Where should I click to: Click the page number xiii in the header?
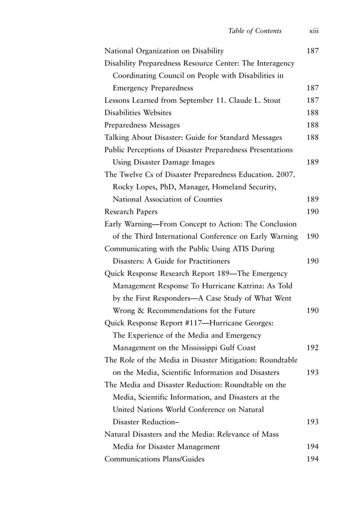pos(314,31)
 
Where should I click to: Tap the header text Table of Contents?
pos(254,31)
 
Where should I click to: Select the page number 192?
pos(312,348)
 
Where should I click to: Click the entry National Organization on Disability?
pos(164,51)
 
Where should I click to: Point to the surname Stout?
pos(271,100)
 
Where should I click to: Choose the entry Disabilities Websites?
pos(138,112)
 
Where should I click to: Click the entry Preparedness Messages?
pos(142,125)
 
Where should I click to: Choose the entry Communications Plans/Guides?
pos(155,459)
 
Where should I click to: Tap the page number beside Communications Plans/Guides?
pos(312,459)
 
